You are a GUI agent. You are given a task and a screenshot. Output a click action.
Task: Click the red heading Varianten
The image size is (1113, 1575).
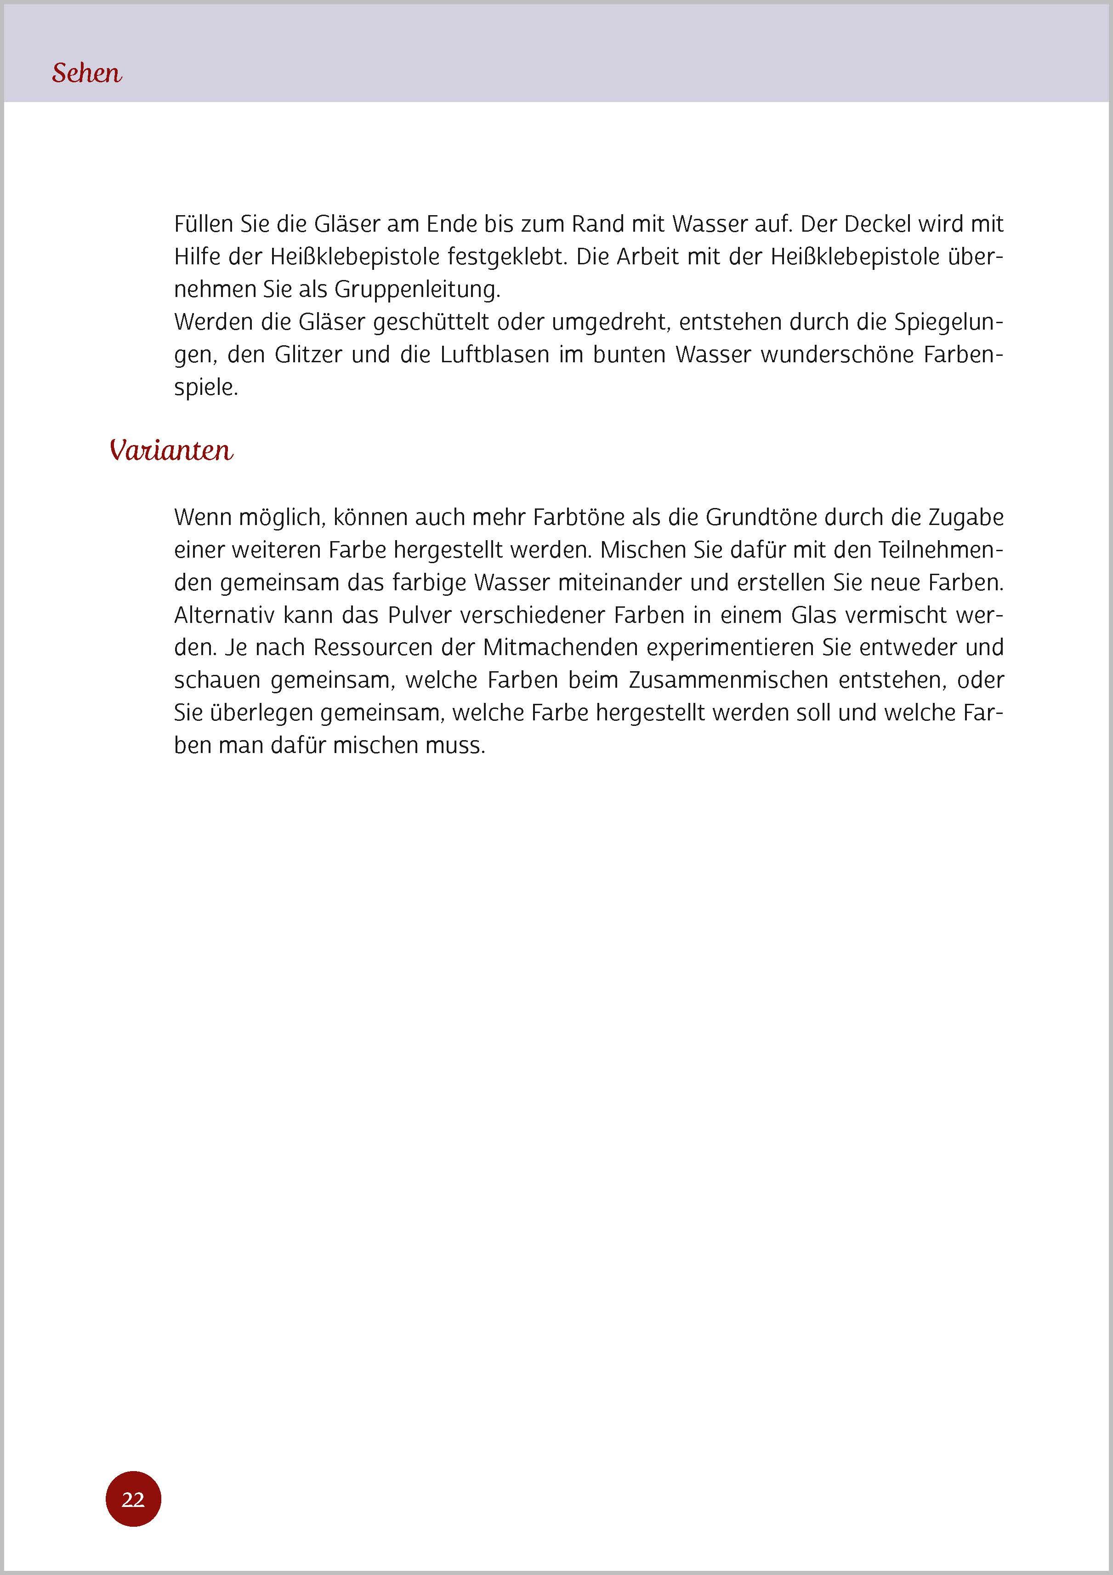coord(171,451)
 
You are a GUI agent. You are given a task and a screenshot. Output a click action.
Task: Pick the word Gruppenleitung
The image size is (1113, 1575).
coord(417,290)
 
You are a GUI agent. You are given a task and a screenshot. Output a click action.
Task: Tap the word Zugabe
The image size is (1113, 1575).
coord(965,517)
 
